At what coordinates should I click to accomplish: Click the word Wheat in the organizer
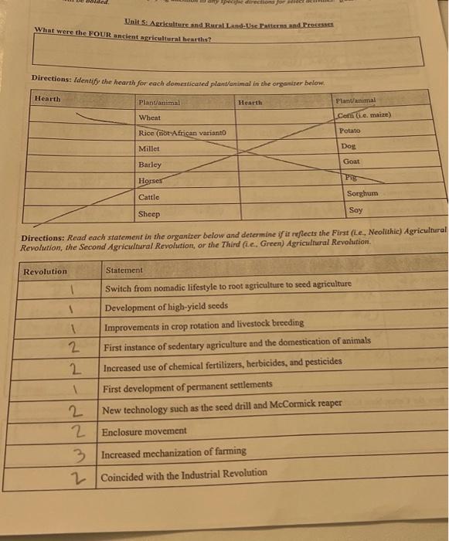tap(150, 117)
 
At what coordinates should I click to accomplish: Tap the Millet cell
tap(149, 148)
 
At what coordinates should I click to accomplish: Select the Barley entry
tap(150, 165)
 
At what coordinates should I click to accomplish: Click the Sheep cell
tap(148, 213)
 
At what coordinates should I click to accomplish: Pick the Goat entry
tap(351, 162)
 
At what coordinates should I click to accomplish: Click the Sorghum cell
tap(362, 193)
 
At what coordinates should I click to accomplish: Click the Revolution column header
tap(46, 271)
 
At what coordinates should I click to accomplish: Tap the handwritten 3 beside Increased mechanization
tap(70, 454)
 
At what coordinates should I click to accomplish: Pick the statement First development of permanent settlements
tap(188, 384)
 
